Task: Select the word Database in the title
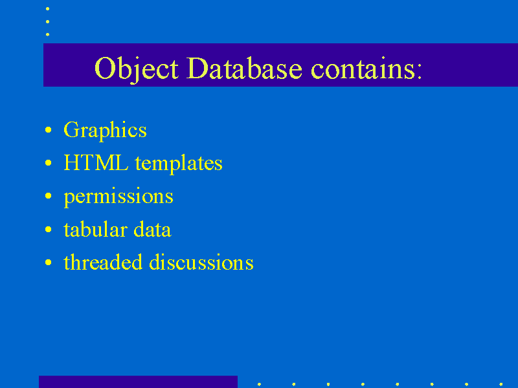click(244, 68)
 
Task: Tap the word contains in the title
click(363, 68)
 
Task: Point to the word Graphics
click(105, 131)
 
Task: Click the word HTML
click(96, 162)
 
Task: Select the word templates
click(179, 164)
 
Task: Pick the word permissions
click(118, 197)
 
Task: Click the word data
click(152, 229)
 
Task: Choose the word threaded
click(103, 262)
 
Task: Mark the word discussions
click(201, 262)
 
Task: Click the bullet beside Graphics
click(48, 130)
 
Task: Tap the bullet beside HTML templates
click(48, 163)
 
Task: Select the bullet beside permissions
click(48, 196)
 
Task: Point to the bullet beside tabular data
click(48, 229)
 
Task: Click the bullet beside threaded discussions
click(48, 263)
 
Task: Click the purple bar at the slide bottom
click(138, 382)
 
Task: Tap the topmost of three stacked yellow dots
click(47, 9)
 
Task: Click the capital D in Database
click(197, 69)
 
